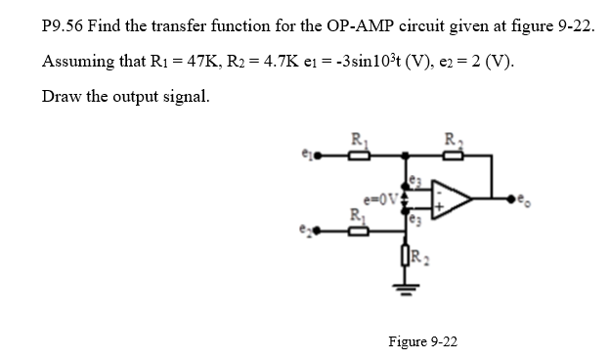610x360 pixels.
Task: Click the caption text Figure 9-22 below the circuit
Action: coord(422,341)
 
